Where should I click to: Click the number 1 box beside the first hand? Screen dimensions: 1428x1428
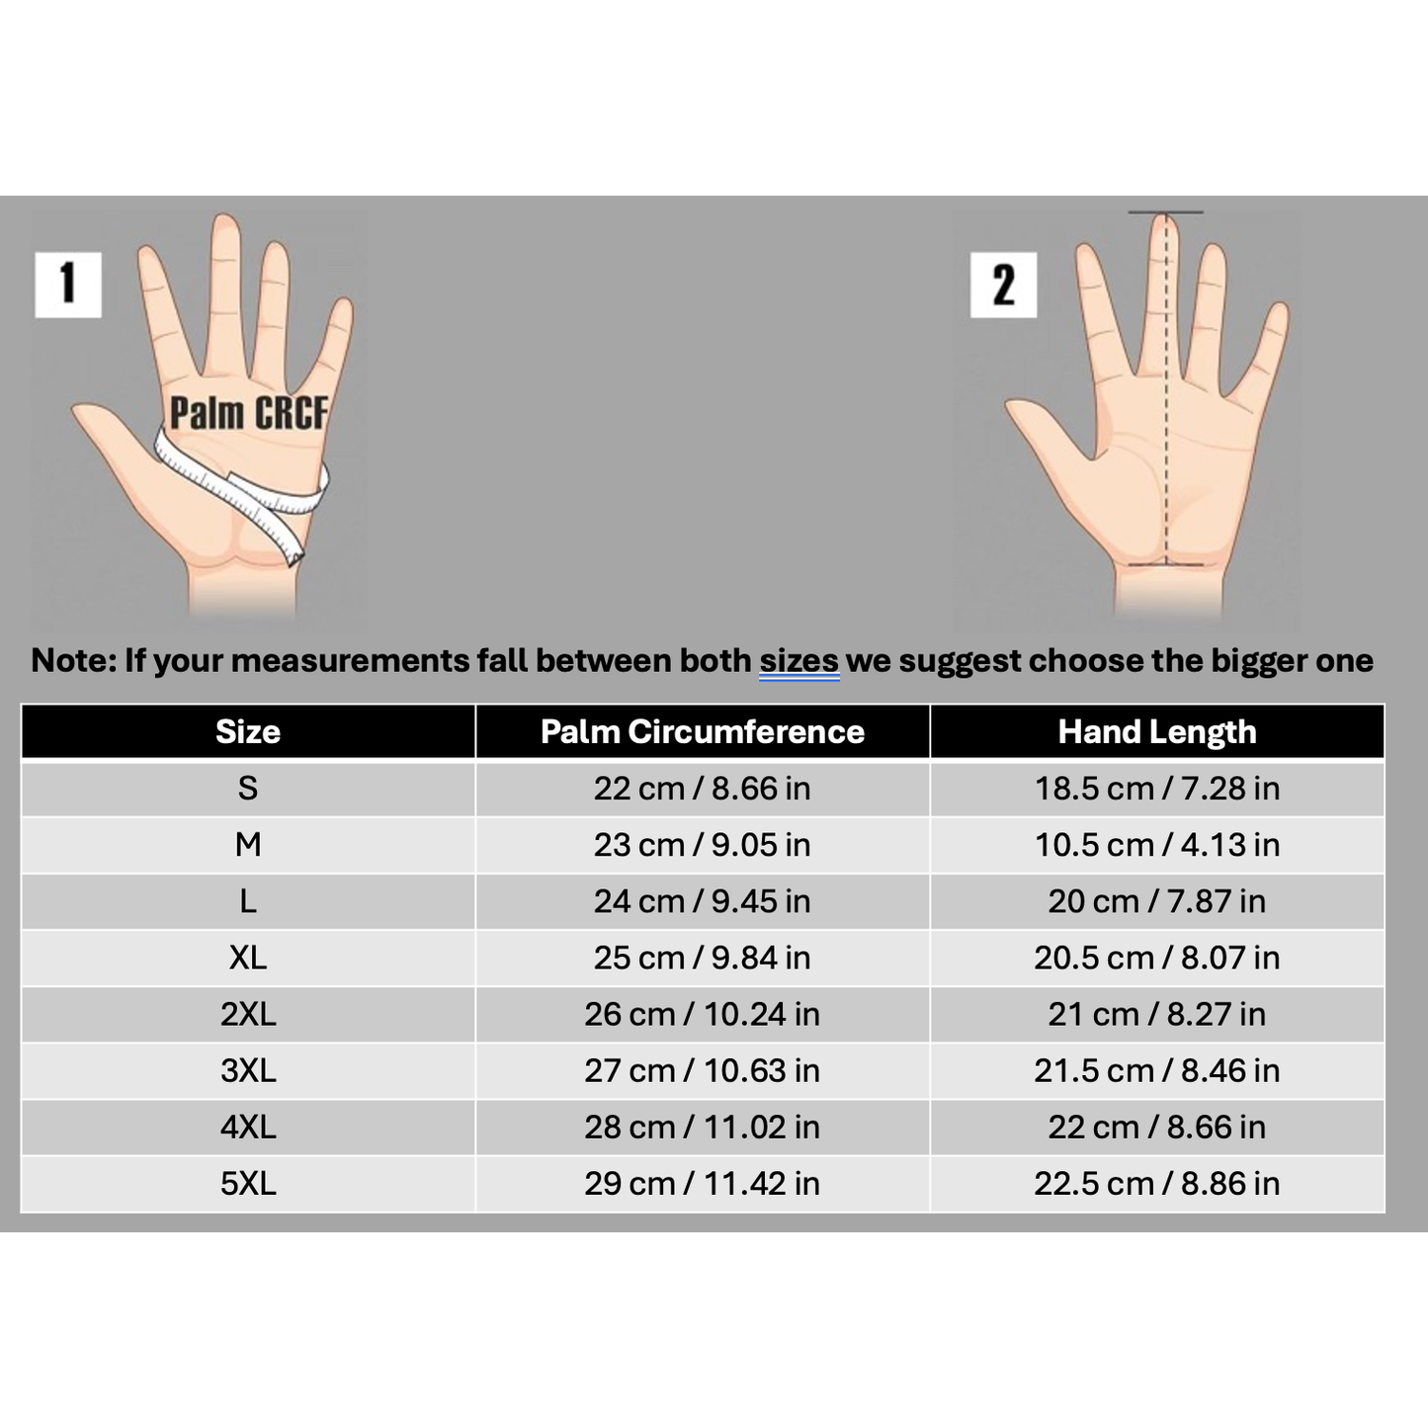click(x=68, y=285)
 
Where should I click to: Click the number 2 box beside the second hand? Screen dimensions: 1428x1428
click(x=1003, y=285)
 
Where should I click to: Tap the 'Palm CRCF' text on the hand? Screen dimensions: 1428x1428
click(x=248, y=413)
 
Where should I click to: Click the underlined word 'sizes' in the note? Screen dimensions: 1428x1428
click(x=798, y=660)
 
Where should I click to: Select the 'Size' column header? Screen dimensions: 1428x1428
click(x=248, y=731)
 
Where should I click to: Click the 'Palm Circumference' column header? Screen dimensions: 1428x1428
click(x=702, y=731)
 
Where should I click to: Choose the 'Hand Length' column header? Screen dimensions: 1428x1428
click(x=1156, y=731)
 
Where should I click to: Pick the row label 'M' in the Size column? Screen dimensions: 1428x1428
click(x=248, y=845)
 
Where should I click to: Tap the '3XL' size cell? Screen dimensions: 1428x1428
click(x=248, y=1070)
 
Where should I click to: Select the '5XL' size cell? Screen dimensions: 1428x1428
click(x=248, y=1183)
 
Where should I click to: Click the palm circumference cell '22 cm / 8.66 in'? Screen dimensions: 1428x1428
click(x=702, y=789)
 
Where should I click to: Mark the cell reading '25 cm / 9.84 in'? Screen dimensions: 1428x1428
click(x=702, y=958)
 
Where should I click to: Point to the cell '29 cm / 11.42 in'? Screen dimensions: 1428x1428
click(x=702, y=1183)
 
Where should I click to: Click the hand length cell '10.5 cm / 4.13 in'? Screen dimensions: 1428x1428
click(x=1156, y=845)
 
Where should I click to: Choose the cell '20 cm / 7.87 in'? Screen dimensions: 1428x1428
click(x=1156, y=901)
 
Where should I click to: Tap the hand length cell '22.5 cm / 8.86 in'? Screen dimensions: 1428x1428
click(x=1156, y=1183)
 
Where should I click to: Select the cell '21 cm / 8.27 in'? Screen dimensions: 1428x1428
click(x=1156, y=1014)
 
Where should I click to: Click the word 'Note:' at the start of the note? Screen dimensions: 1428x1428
click(x=74, y=660)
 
